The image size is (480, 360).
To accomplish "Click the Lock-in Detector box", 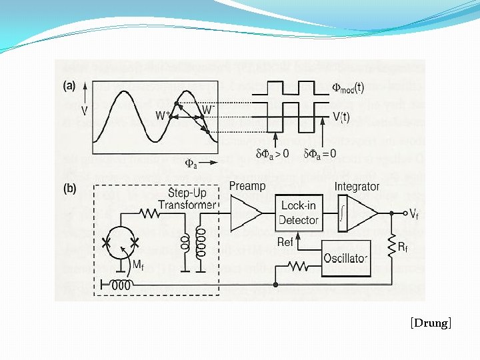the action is (x=298, y=213).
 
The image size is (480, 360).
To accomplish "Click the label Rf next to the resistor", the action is (x=403, y=248).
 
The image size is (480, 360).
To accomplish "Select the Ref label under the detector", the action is (x=285, y=242).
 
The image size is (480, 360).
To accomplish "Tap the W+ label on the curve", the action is (x=161, y=116).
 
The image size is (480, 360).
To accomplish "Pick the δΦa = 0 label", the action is (x=321, y=154).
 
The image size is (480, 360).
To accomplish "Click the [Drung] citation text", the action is (x=431, y=323).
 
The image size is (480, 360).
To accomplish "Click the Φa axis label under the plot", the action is (x=191, y=162).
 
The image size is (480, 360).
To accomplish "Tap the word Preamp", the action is (x=247, y=186).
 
